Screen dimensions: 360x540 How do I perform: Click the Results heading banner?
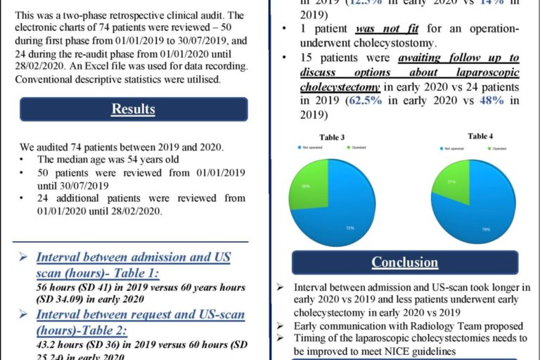(134, 109)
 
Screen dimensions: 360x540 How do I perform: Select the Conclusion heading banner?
(404, 262)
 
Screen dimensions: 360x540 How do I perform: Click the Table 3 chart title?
(333, 136)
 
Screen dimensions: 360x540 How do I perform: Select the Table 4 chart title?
(480, 136)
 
